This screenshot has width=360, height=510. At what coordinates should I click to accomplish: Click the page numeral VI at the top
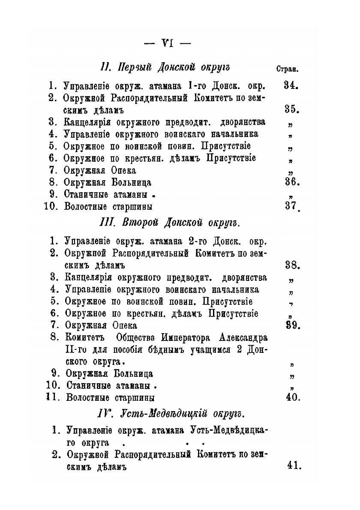168,43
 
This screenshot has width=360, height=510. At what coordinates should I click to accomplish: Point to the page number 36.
292,182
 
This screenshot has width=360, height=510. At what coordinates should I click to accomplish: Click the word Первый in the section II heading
134,67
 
